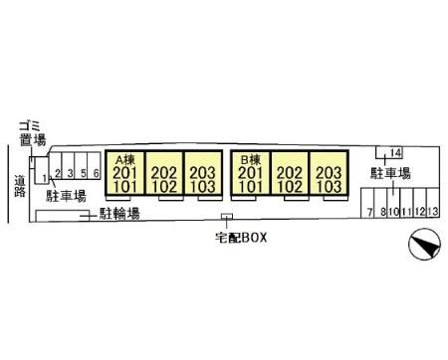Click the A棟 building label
coord(124,160)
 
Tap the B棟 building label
coord(251,160)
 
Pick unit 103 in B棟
coord(329,187)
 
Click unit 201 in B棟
coord(251,173)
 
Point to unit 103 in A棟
coord(203,187)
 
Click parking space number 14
coord(396,153)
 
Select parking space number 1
coord(45,178)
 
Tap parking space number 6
coord(97,173)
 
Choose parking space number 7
coord(369,212)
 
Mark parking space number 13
coord(433,212)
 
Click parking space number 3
coord(70,173)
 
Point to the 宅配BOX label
coord(241,238)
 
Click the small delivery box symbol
coord(227,217)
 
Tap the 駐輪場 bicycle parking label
coord(119,214)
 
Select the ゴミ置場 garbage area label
coord(32,133)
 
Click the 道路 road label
coord(20,186)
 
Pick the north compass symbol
coord(424,245)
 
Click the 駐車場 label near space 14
coord(390,173)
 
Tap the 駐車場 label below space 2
coord(66,196)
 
